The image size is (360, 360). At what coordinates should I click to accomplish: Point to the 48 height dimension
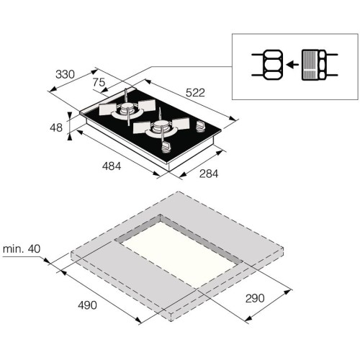(55, 127)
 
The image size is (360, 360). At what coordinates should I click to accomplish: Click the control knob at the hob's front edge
(168, 148)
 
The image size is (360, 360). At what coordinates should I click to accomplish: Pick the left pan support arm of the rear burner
(104, 112)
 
